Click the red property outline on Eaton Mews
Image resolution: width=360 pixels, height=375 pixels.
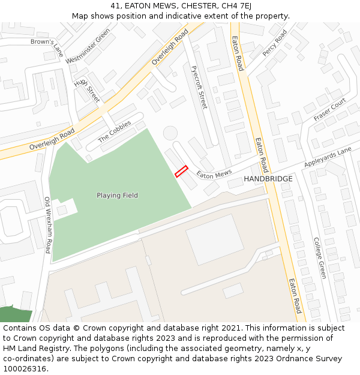181,172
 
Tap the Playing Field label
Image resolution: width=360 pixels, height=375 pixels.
118,196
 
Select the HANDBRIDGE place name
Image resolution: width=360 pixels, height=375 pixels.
268,179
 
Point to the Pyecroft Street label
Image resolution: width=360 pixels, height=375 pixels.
199,87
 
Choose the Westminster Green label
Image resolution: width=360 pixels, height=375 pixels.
88,46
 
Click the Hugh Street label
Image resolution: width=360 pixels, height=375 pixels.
87,90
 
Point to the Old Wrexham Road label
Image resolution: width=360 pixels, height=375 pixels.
48,225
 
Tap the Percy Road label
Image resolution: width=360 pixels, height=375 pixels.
275,43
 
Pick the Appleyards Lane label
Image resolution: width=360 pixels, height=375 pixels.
328,158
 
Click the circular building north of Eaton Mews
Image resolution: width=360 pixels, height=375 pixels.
171,133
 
